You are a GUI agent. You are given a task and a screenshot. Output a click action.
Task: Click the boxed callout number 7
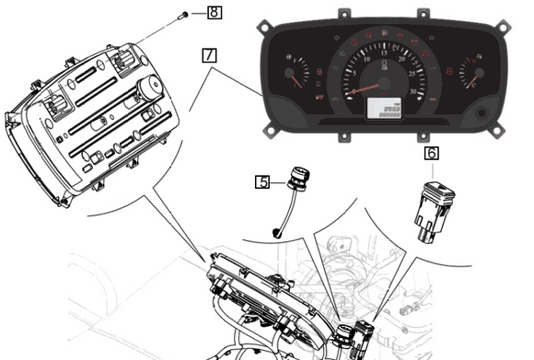[x=210, y=54]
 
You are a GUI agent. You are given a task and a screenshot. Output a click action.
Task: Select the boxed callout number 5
[x=262, y=182]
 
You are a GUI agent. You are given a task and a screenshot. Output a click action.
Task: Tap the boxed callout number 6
[x=431, y=154]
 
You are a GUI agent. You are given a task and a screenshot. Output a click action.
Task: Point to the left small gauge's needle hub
[x=291, y=75]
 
